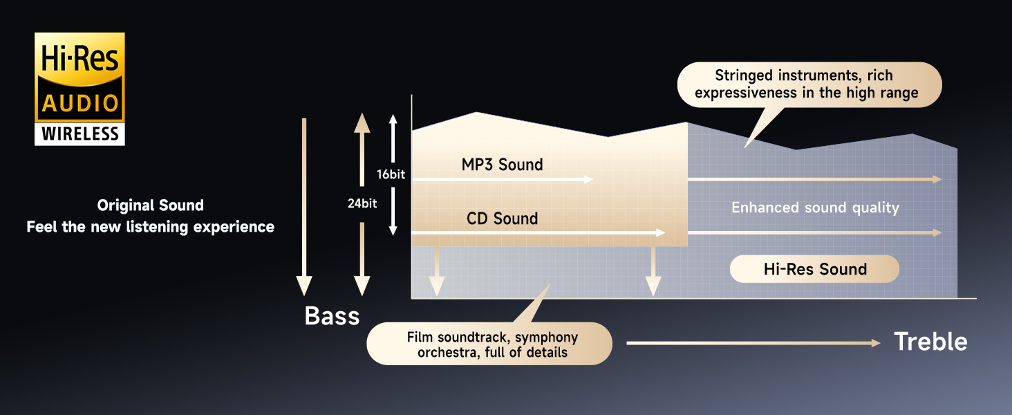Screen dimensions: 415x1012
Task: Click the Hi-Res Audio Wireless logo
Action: [79, 89]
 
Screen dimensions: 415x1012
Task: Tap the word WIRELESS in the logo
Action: [80, 133]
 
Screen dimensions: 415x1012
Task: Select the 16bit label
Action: [391, 174]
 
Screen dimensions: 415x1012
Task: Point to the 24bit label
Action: [362, 204]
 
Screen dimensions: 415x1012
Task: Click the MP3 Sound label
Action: [502, 165]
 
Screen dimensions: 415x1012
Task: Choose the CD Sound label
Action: [502, 219]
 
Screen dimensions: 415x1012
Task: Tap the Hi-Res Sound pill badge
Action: [814, 269]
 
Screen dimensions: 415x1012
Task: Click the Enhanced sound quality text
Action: [815, 207]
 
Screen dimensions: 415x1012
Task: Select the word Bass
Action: [332, 316]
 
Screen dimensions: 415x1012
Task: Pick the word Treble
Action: [930, 342]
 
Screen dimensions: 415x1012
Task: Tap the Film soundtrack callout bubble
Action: [489, 344]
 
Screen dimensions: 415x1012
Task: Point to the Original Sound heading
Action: [150, 205]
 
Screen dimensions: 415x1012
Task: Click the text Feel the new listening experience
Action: [150, 227]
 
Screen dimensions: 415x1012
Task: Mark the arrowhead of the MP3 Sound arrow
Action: [589, 179]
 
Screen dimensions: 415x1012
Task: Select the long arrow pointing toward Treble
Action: [753, 343]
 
